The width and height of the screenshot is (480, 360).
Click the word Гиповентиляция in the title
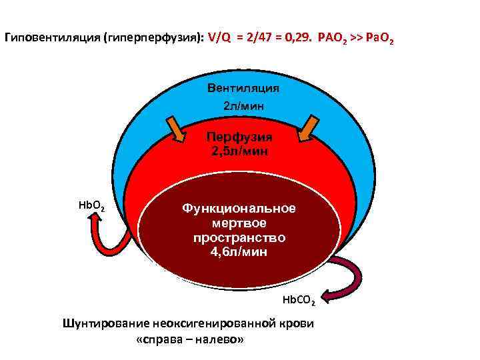pos(49,39)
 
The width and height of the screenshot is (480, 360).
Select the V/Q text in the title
pos(221,39)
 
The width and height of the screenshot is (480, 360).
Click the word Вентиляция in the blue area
pos(243,89)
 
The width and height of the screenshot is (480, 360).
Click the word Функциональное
pos(239,208)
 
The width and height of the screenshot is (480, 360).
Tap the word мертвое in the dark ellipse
pos(239,223)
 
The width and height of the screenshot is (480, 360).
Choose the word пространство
pos(239,237)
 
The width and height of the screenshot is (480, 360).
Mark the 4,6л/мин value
pos(239,252)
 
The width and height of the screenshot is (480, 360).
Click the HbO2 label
pos(91,205)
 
